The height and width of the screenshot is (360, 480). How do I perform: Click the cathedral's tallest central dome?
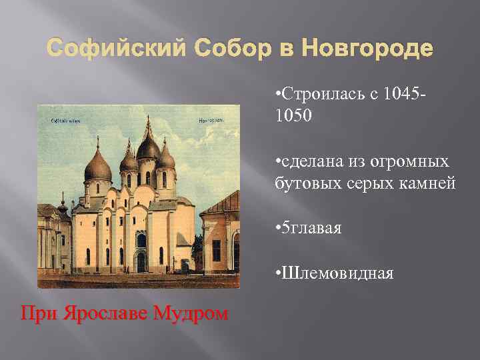(147, 148)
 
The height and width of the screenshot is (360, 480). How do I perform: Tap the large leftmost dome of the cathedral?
(98, 168)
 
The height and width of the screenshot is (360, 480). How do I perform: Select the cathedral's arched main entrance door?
(141, 261)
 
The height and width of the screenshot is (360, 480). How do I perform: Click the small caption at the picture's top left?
(66, 121)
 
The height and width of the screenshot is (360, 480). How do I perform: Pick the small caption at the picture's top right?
(210, 121)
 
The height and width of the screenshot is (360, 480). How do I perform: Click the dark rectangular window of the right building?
(216, 250)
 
